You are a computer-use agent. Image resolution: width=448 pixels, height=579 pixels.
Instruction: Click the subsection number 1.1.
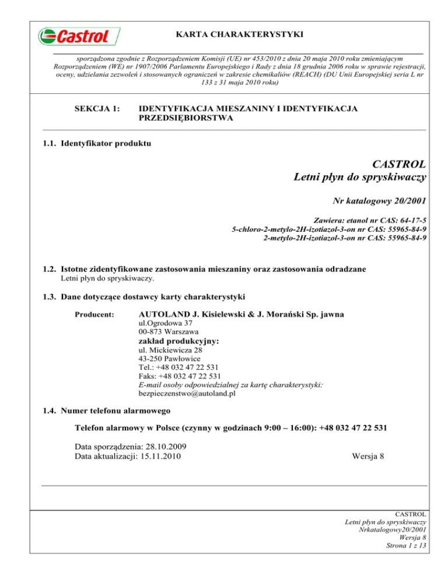pos(49,141)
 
